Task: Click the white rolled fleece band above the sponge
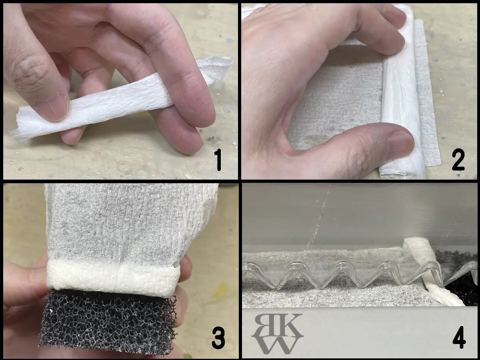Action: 113,278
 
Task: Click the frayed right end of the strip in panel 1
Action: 216,66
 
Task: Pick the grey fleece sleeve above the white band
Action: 129,223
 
